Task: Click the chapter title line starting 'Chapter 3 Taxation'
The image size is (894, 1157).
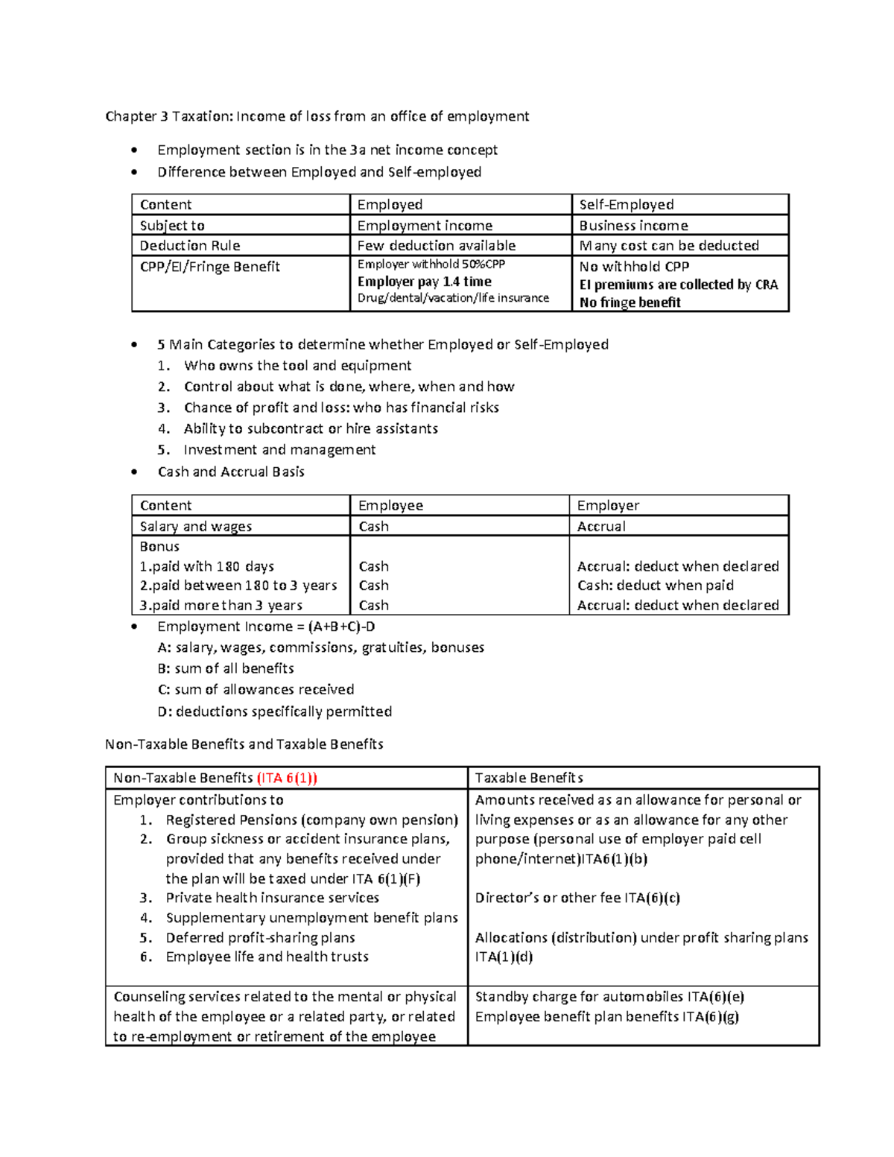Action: coord(317,116)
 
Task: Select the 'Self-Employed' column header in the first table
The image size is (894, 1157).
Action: coord(626,205)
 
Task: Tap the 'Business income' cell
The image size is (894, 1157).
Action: coord(633,226)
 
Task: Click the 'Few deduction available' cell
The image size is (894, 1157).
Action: coord(436,246)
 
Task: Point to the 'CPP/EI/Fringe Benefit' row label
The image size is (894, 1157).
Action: coord(209,267)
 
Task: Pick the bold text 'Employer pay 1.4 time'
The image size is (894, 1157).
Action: coord(424,282)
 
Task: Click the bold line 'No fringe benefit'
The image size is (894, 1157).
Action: coord(630,302)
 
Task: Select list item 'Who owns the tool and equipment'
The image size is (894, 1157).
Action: coord(297,366)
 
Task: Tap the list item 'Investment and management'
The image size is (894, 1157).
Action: coord(279,450)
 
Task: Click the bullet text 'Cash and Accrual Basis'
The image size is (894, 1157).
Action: coord(231,472)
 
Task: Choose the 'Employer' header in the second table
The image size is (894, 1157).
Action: coord(608,506)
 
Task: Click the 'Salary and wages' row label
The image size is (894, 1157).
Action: coord(196,527)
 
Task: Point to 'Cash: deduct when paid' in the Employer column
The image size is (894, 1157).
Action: coord(655,586)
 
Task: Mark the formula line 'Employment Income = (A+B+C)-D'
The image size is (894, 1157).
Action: coord(266,627)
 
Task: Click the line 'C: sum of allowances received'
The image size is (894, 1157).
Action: coord(256,690)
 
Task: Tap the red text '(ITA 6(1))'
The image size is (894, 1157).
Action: coord(287,779)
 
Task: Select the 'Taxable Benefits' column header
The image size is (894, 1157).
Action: coord(529,779)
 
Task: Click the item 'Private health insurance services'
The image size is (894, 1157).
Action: coord(272,898)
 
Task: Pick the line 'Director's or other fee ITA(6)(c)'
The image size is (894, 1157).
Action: coord(577,898)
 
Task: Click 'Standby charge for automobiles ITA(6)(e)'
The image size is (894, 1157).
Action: coord(609,997)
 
